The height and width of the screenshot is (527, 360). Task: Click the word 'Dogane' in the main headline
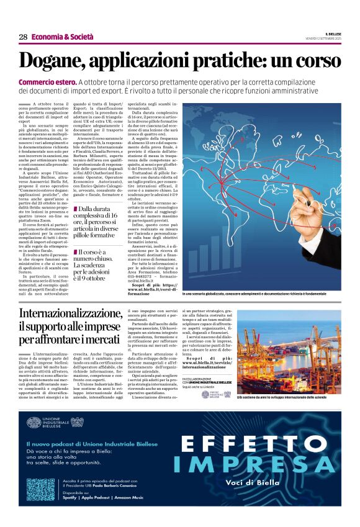tap(56, 61)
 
